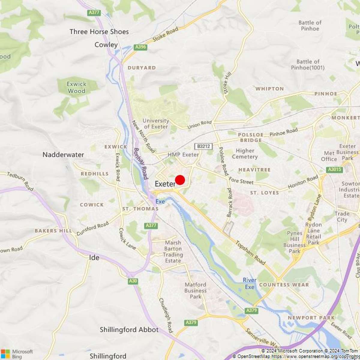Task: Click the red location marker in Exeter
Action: (x=180, y=180)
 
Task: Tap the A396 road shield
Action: (x=140, y=47)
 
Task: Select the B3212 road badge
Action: (x=203, y=146)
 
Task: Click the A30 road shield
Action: (x=133, y=281)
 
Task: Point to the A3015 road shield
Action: (x=334, y=169)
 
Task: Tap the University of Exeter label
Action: (x=156, y=124)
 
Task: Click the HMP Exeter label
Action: (x=183, y=155)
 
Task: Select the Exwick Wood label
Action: (x=76, y=87)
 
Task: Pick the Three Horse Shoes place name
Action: (x=99, y=31)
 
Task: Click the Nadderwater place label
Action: (x=63, y=155)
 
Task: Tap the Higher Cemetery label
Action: (x=245, y=154)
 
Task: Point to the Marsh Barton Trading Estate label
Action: (x=173, y=251)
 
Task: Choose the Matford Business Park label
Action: (x=195, y=290)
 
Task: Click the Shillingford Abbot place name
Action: (x=129, y=330)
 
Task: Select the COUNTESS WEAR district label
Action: (x=284, y=285)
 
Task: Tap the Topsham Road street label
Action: (x=250, y=253)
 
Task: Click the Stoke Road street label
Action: (x=165, y=34)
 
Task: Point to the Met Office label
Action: (x=329, y=156)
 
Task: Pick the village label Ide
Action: (x=94, y=257)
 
